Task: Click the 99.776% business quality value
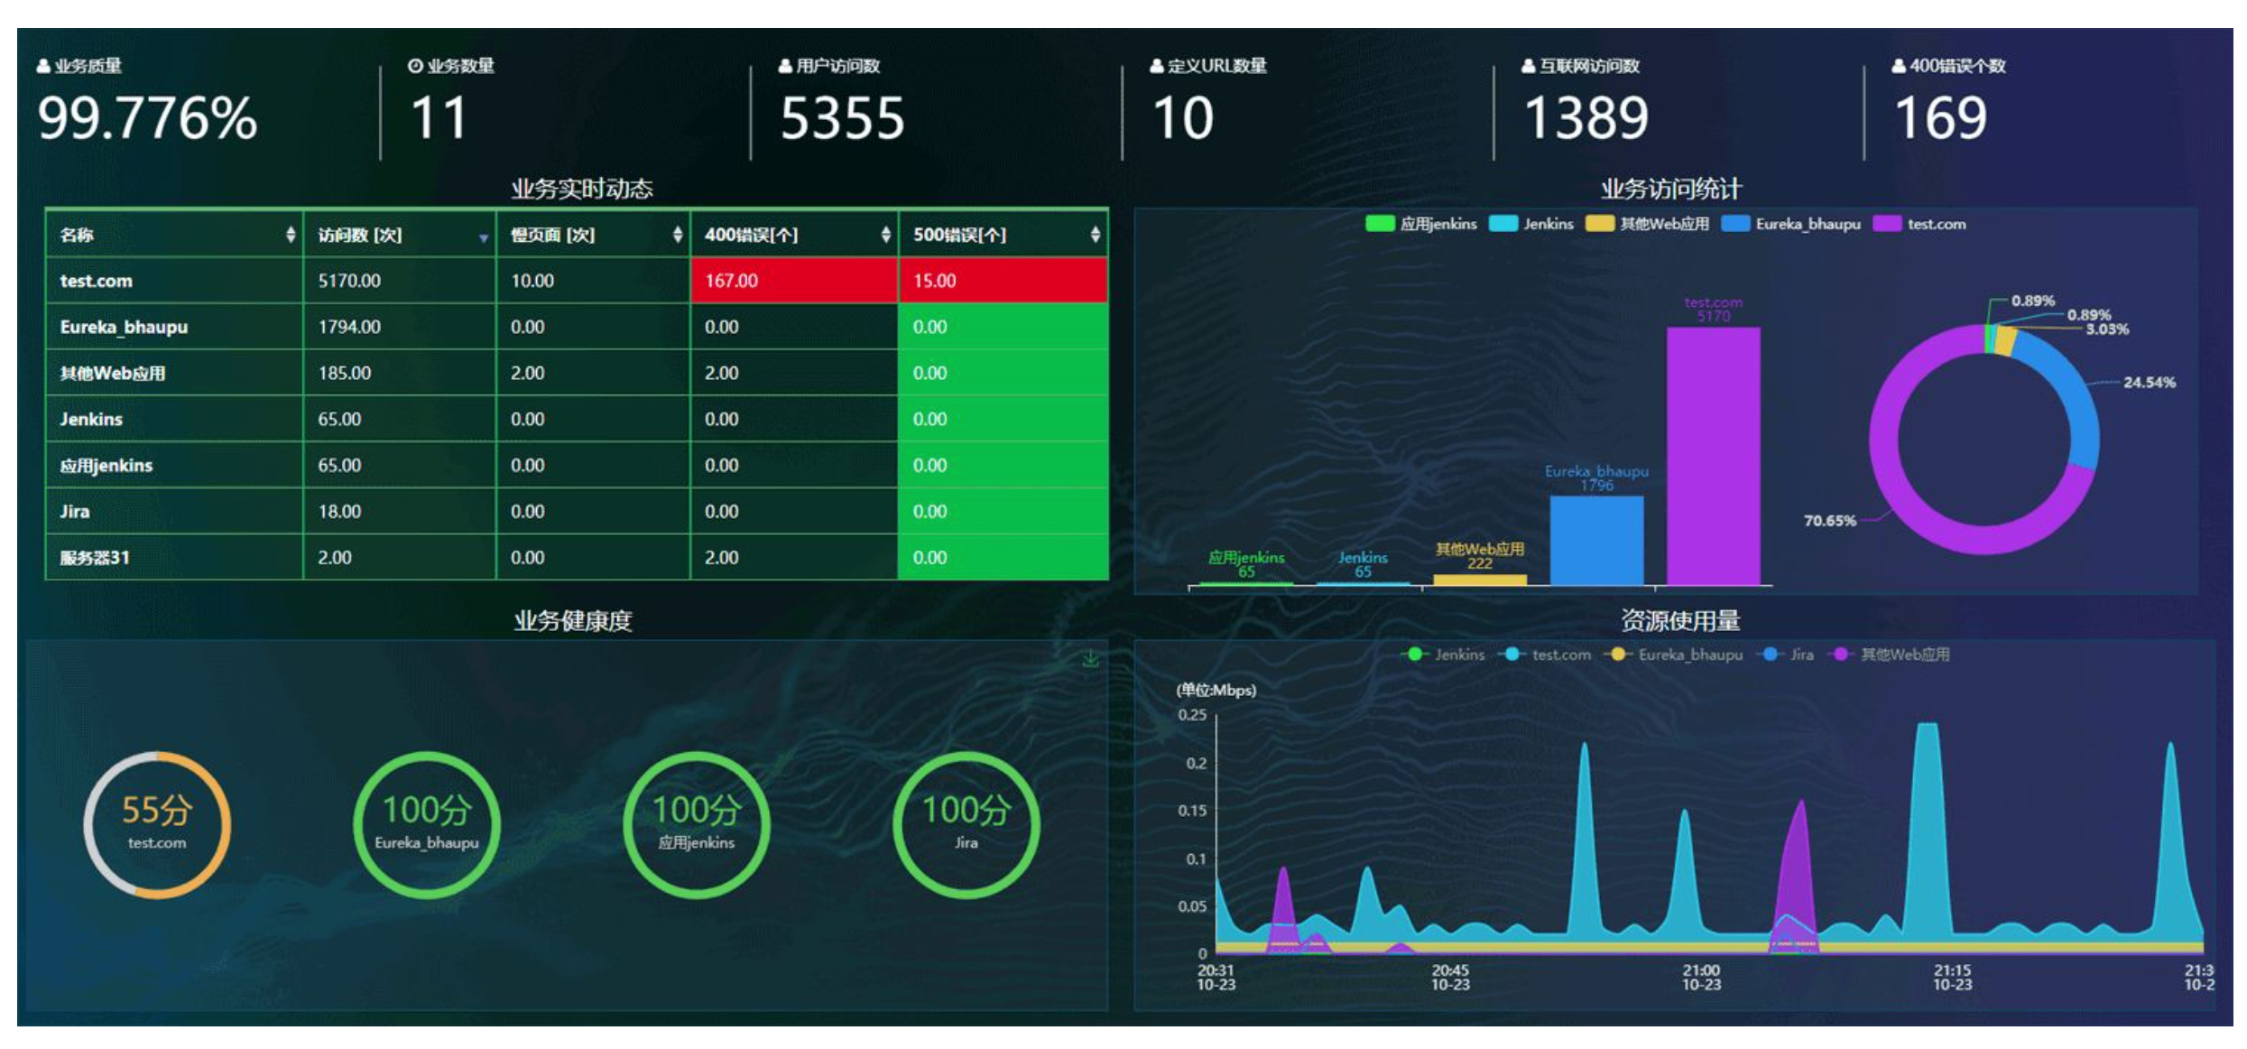tap(148, 118)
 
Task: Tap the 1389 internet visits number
tap(1586, 118)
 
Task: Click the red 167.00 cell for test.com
tap(794, 281)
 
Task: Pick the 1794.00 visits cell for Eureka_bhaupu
tap(349, 327)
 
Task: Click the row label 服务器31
tap(95, 558)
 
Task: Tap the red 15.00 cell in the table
tap(1002, 281)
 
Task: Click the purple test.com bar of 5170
tap(1713, 456)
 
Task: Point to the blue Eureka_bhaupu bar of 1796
tap(1596, 540)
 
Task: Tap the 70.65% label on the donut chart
tap(1829, 521)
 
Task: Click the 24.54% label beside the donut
tap(2149, 383)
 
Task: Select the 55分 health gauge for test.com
tap(157, 824)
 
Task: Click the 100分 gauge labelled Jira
tap(966, 824)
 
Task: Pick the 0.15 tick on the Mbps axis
tap(1192, 811)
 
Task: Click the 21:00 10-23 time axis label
tap(1701, 978)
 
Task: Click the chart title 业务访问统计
tap(1670, 189)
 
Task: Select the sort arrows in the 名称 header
tap(290, 235)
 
